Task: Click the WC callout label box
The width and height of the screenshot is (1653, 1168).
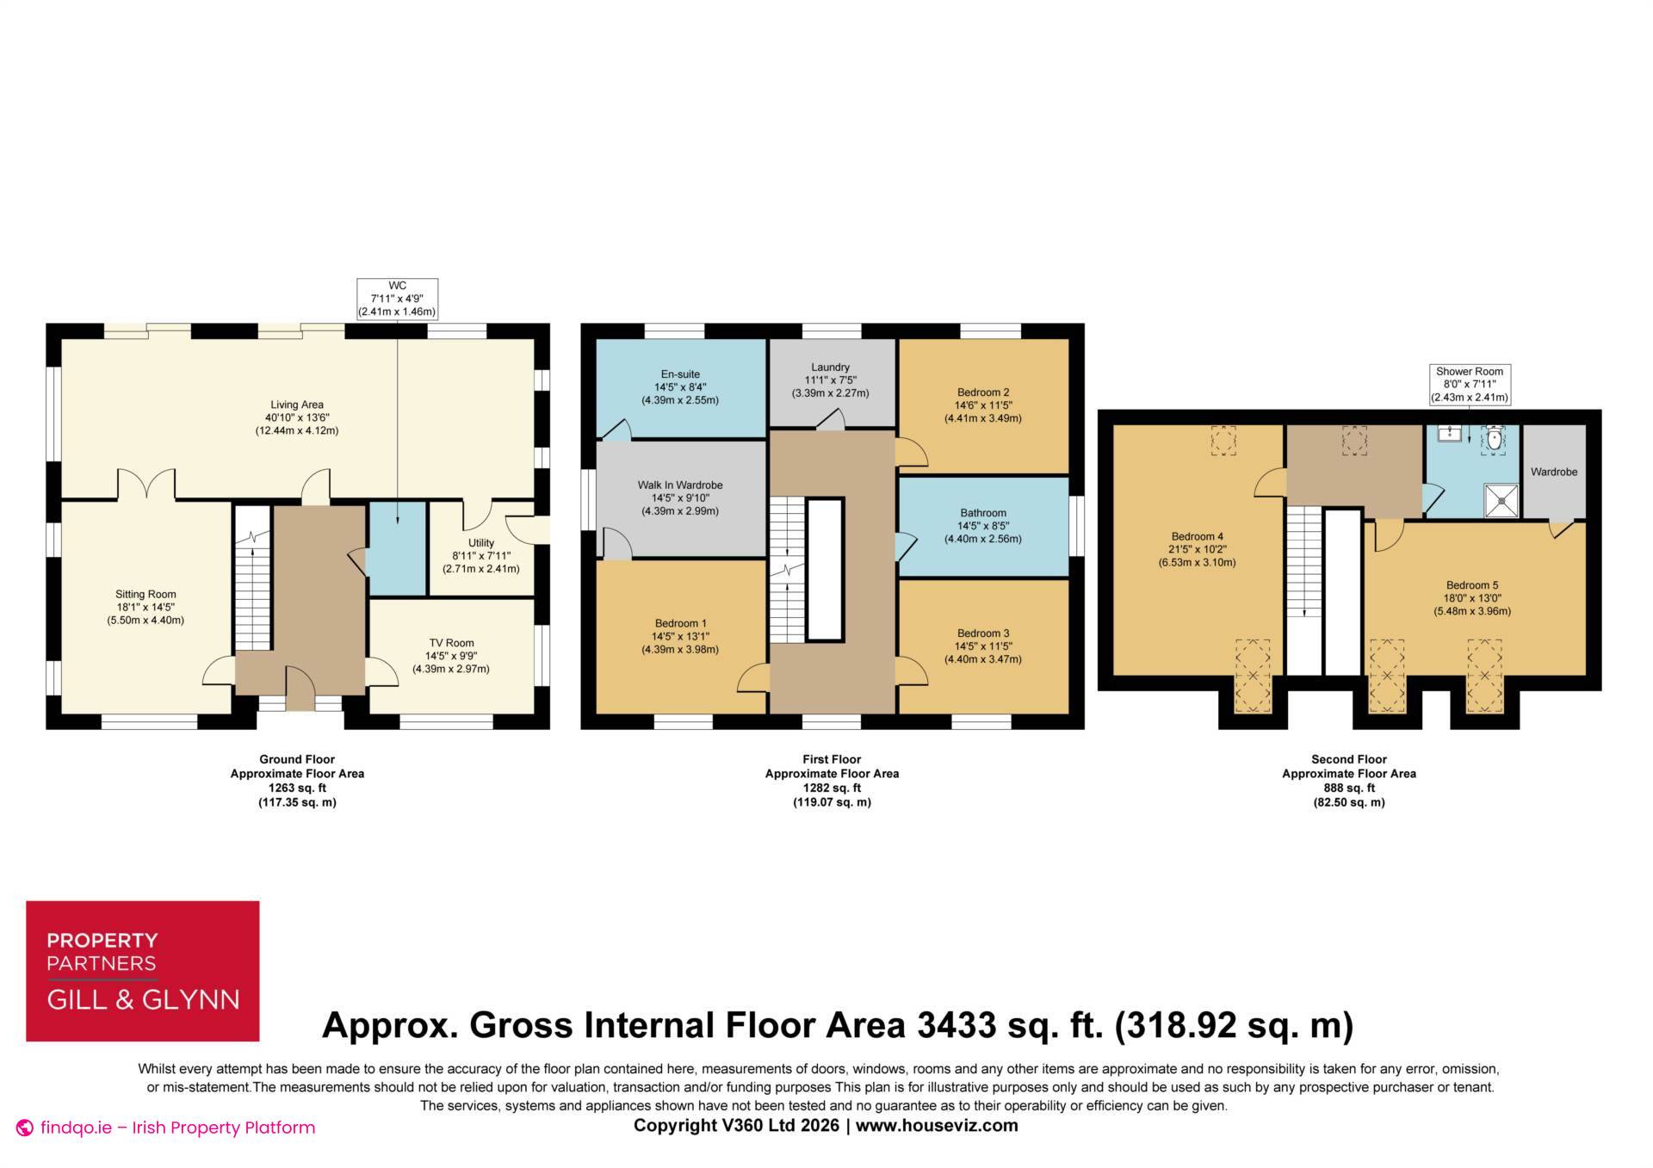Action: tap(397, 299)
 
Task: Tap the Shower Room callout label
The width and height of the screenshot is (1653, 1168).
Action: tap(1470, 385)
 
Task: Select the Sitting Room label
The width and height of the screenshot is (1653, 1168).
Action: tap(145, 607)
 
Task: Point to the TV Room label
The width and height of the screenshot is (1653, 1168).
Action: tap(451, 656)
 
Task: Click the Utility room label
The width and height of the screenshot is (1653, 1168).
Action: tap(481, 556)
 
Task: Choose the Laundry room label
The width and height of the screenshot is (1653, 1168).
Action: tap(830, 380)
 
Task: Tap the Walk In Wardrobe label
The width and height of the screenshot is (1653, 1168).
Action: tap(680, 497)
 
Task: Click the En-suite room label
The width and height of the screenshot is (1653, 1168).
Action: tap(680, 387)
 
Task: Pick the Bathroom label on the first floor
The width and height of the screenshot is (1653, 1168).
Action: tap(982, 526)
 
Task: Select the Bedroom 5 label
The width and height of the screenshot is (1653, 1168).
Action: tap(1472, 598)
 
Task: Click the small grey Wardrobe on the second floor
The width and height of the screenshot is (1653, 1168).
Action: tap(1554, 472)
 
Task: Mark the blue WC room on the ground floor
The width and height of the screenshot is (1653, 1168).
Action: tap(397, 548)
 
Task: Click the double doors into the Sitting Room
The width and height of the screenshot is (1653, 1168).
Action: tap(146, 484)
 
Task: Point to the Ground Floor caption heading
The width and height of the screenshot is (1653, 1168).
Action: tap(297, 759)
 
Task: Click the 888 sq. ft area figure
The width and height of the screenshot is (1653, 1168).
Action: tap(1349, 788)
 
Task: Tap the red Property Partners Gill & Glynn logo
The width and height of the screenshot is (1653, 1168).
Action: tap(143, 971)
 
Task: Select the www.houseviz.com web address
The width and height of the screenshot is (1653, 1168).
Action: tap(937, 1125)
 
